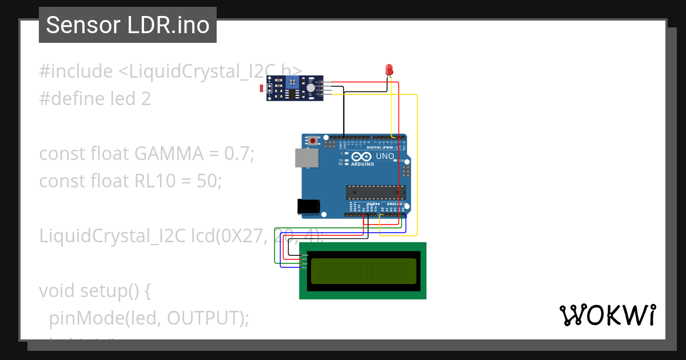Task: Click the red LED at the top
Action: tap(389, 70)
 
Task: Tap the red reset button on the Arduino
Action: tap(313, 140)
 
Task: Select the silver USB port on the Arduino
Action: tap(306, 158)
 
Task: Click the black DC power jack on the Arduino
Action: tap(308, 206)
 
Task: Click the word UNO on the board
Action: tap(384, 156)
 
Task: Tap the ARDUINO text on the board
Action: tap(362, 164)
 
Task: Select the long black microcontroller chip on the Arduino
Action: tap(375, 193)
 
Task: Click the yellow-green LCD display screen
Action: tap(363, 271)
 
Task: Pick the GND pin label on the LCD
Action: tap(305, 255)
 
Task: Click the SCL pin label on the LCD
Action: tap(305, 267)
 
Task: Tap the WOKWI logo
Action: tap(607, 315)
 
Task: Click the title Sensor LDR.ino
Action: tap(127, 25)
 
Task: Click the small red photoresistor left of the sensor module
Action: tap(262, 89)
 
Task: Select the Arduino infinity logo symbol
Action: tap(361, 156)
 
